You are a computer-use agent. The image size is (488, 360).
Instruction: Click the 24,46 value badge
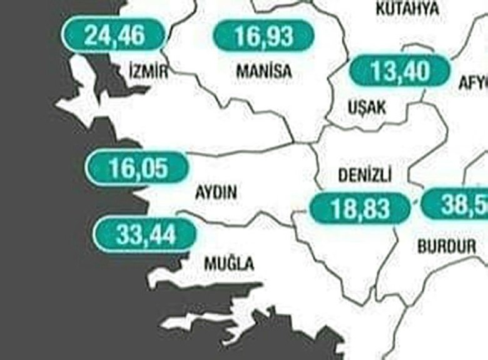[x=114, y=34]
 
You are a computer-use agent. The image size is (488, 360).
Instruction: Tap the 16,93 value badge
[x=264, y=36]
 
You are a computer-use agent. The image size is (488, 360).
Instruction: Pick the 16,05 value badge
[x=136, y=168]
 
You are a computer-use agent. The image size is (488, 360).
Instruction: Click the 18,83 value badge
[x=360, y=207]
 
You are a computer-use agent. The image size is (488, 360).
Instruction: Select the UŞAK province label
[x=367, y=108]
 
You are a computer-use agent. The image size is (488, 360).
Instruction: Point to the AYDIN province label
[x=216, y=193]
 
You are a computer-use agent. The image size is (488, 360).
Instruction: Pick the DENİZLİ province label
[x=365, y=176]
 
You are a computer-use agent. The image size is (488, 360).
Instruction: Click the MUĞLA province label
[x=229, y=264]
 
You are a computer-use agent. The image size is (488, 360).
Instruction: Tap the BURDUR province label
[x=446, y=246]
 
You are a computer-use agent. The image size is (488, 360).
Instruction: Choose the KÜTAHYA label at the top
[x=407, y=9]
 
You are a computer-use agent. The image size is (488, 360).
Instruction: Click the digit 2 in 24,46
[x=91, y=34]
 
